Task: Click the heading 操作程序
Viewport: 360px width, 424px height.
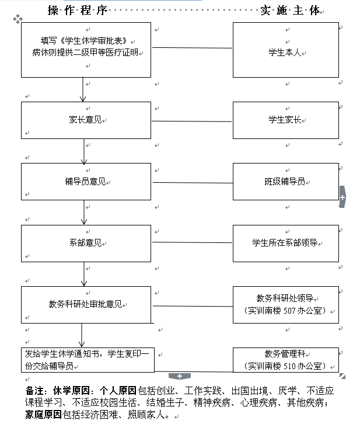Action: coord(78,10)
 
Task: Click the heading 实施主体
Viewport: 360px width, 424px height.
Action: coord(291,10)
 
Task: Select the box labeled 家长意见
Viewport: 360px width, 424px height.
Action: coord(86,120)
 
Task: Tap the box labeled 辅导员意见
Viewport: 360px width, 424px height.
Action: coord(86,182)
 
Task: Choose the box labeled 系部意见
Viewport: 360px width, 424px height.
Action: coord(86,243)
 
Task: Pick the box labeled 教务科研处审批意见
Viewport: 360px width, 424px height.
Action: coord(86,304)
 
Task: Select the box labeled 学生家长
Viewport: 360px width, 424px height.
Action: coord(285,120)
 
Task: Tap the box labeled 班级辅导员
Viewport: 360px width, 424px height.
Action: coord(285,182)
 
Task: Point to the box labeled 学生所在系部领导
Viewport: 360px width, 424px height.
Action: coord(285,242)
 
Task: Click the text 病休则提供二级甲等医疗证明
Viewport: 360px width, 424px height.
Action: coord(87,52)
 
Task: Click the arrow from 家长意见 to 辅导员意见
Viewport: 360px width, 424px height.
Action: coord(84,151)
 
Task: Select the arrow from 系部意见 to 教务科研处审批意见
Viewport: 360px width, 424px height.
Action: coord(84,273)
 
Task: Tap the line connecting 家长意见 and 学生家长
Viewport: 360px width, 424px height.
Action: coord(192,121)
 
